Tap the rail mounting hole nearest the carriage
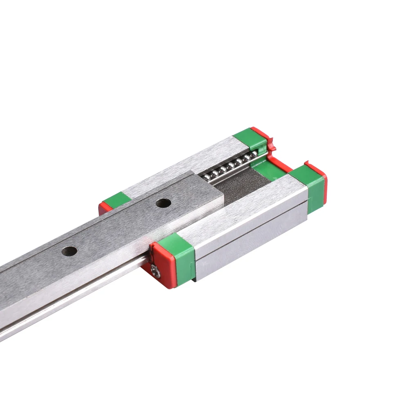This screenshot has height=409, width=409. coord(163,202)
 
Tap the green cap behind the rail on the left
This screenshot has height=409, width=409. coord(114,200)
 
